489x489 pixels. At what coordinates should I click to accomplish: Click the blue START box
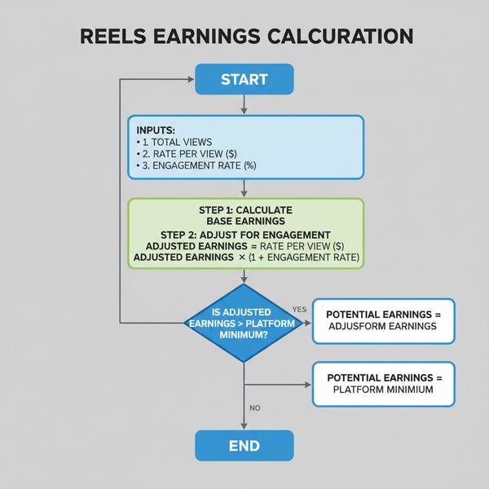point(244,80)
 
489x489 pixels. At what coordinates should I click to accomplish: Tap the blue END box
point(244,445)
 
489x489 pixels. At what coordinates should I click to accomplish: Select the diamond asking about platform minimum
point(244,322)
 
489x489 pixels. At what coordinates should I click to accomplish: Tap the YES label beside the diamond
point(298,310)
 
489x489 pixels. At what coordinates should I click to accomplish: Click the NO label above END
point(253,407)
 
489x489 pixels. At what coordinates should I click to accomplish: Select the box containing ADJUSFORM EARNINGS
point(383,320)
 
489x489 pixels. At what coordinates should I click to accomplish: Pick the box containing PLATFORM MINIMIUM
point(383,384)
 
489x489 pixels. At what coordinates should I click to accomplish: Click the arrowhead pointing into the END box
point(244,425)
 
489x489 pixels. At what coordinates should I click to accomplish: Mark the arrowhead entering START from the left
point(190,80)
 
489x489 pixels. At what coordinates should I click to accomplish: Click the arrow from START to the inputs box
point(244,105)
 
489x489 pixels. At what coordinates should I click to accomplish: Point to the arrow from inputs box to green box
point(244,188)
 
